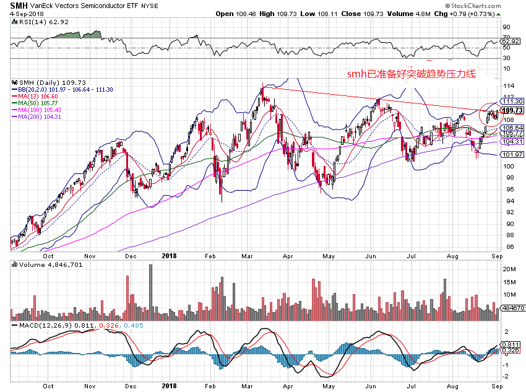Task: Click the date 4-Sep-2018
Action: point(19,14)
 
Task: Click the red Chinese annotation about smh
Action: point(410,75)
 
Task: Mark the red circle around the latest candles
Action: point(493,112)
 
